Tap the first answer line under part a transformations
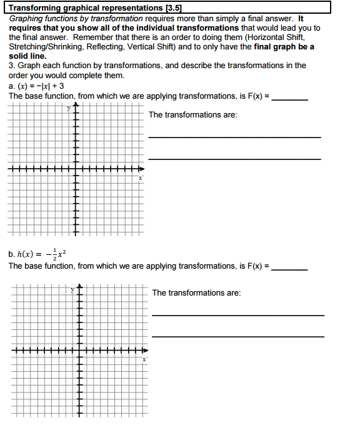234,137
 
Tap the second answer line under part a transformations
234,159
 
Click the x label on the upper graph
141,178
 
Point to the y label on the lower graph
72,289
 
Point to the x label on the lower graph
144,360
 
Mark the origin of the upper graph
77,169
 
